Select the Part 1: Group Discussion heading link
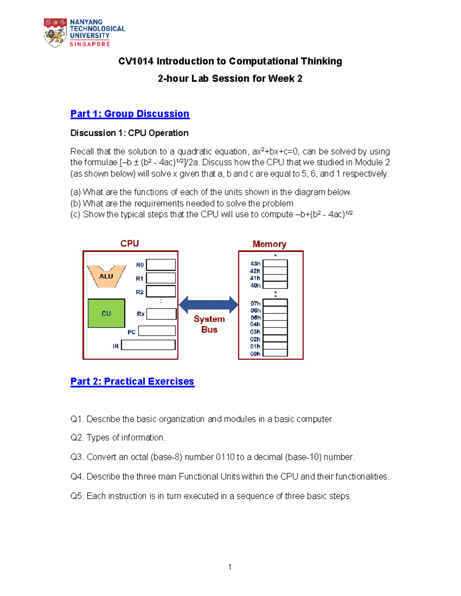(130, 114)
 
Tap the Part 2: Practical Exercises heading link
(132, 381)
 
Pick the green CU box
(106, 313)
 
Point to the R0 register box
(161, 265)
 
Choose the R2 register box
(161, 291)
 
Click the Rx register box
(161, 314)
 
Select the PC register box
(157, 331)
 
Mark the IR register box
(148, 345)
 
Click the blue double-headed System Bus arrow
(209, 305)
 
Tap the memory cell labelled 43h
(275, 263)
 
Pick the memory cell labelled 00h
(275, 353)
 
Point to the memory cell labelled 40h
(275, 285)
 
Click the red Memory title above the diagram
(269, 244)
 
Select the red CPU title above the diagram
(129, 244)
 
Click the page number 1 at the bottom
(230, 567)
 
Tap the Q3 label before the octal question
(77, 457)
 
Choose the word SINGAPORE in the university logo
(90, 44)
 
